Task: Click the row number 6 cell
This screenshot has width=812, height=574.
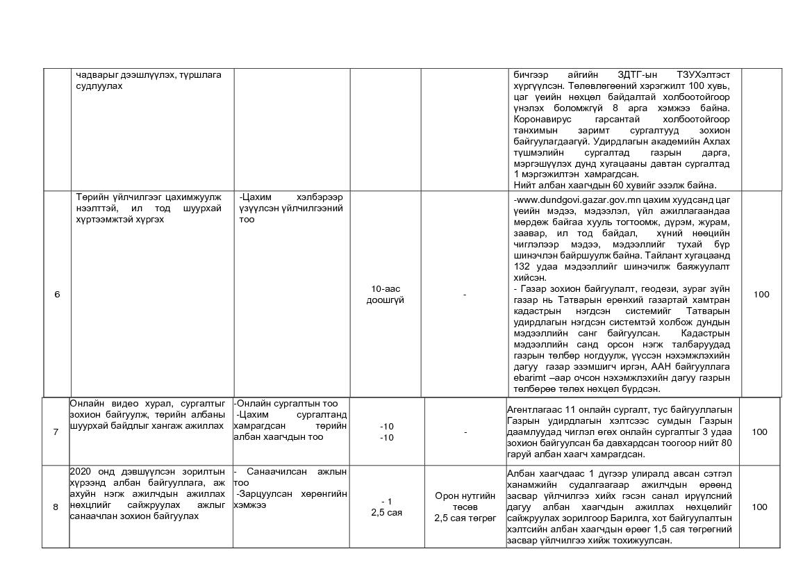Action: pyautogui.click(x=57, y=295)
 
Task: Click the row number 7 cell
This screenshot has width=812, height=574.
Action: pyautogui.click(x=56, y=432)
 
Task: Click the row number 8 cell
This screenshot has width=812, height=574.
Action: pyautogui.click(x=56, y=507)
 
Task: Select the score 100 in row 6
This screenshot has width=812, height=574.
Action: pyautogui.click(x=761, y=295)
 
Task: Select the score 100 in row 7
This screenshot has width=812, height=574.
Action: pyautogui.click(x=759, y=432)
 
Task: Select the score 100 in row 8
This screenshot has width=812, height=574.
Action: pyautogui.click(x=759, y=507)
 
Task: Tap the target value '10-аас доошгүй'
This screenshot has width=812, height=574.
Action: pyautogui.click(x=386, y=295)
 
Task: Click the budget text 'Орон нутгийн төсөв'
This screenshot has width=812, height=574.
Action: pyautogui.click(x=465, y=501)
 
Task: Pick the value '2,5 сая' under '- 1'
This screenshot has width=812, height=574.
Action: pyautogui.click(x=387, y=513)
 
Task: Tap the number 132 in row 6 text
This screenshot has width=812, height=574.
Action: pyautogui.click(x=522, y=266)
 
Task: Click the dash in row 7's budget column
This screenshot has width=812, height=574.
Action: pyautogui.click(x=465, y=432)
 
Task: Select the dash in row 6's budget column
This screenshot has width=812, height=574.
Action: pyautogui.click(x=465, y=295)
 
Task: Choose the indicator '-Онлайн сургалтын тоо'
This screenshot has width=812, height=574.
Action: pyautogui.click(x=285, y=404)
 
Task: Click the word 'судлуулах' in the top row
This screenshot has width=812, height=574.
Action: pyautogui.click(x=99, y=86)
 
